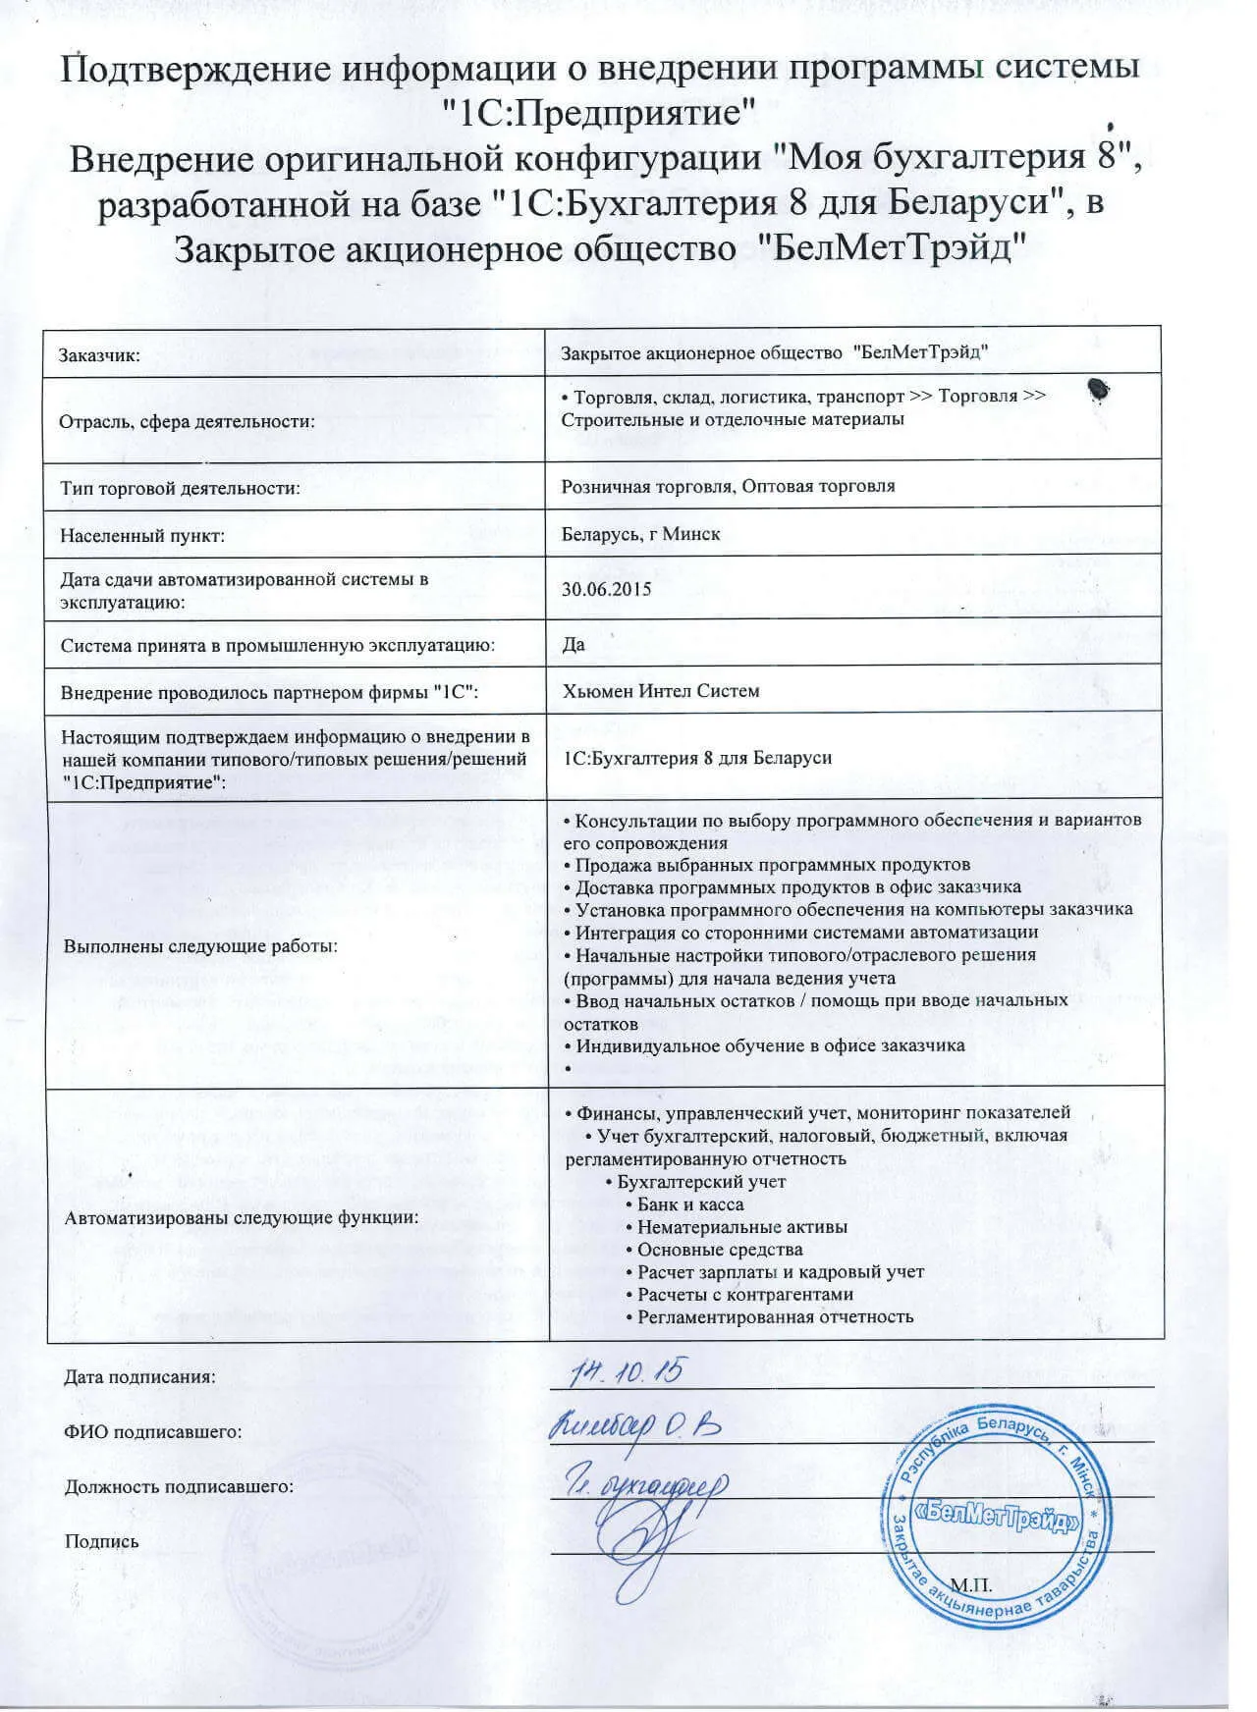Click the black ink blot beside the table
(x=1099, y=390)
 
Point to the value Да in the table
(x=574, y=644)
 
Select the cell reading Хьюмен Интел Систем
(x=661, y=691)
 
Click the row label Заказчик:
(x=100, y=355)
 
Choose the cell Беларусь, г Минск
(x=640, y=534)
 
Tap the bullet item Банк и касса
(x=690, y=1204)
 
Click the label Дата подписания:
(x=139, y=1376)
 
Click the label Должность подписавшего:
(x=179, y=1486)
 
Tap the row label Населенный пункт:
(x=142, y=536)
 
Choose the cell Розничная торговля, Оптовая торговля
(x=728, y=486)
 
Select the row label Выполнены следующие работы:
(x=200, y=946)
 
